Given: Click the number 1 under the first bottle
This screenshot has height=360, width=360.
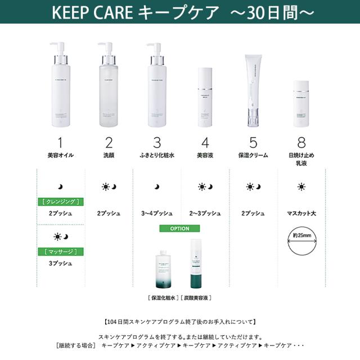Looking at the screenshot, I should click(61, 143).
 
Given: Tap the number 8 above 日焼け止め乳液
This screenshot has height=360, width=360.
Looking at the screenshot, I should click(301, 143).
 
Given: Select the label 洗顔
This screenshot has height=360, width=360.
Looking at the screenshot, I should click(109, 155).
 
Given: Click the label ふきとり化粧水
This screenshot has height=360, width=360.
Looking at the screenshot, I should click(157, 155).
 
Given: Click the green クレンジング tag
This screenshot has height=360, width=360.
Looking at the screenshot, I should click(61, 202).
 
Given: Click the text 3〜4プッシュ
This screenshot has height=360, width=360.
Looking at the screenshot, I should click(157, 214).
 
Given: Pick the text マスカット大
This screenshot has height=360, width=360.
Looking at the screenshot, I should click(301, 214).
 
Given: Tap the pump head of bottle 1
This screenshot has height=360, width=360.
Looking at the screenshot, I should click(58, 47).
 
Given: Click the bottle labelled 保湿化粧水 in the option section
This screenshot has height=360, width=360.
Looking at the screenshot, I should click(167, 265).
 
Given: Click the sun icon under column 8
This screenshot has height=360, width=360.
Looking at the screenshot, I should click(301, 186).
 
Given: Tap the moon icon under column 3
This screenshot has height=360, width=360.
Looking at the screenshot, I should click(157, 186).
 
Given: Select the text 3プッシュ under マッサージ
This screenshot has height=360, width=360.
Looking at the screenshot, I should click(61, 263).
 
